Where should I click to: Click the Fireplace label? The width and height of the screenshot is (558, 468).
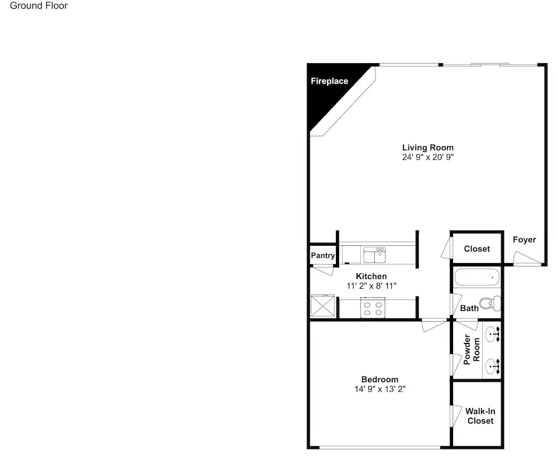pyautogui.click(x=329, y=81)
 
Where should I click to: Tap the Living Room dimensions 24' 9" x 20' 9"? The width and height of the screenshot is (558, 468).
pyautogui.click(x=428, y=157)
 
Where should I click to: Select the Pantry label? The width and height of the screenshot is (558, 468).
pyautogui.click(x=323, y=255)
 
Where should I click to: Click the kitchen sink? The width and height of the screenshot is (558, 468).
pyautogui.click(x=374, y=255)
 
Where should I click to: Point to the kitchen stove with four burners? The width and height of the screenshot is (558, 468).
pyautogui.click(x=373, y=308)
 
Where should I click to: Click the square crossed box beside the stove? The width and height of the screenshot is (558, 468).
pyautogui.click(x=323, y=305)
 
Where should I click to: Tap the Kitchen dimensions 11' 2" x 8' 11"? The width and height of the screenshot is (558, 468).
pyautogui.click(x=371, y=286)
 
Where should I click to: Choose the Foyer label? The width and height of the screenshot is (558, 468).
pyautogui.click(x=524, y=240)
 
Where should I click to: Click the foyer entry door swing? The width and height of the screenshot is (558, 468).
pyautogui.click(x=527, y=258)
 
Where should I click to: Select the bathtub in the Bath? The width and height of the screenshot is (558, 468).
pyautogui.click(x=477, y=277)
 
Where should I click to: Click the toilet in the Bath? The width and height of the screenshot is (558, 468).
pyautogui.click(x=490, y=303)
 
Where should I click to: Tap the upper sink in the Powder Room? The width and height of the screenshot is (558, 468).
pyautogui.click(x=493, y=335)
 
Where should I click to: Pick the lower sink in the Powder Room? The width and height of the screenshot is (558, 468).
pyautogui.click(x=493, y=366)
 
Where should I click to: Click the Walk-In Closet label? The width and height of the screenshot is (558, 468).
pyautogui.click(x=480, y=416)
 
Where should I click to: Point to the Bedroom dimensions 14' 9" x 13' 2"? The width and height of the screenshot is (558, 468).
pyautogui.click(x=379, y=389)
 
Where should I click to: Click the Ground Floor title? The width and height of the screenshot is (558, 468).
pyautogui.click(x=39, y=6)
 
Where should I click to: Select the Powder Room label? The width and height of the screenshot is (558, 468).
pyautogui.click(x=472, y=350)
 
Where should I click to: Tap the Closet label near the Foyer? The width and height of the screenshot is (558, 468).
pyautogui.click(x=477, y=249)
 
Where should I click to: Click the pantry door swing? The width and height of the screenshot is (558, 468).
pyautogui.click(x=323, y=270)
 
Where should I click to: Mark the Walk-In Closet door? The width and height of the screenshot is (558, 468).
pyautogui.click(x=456, y=416)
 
